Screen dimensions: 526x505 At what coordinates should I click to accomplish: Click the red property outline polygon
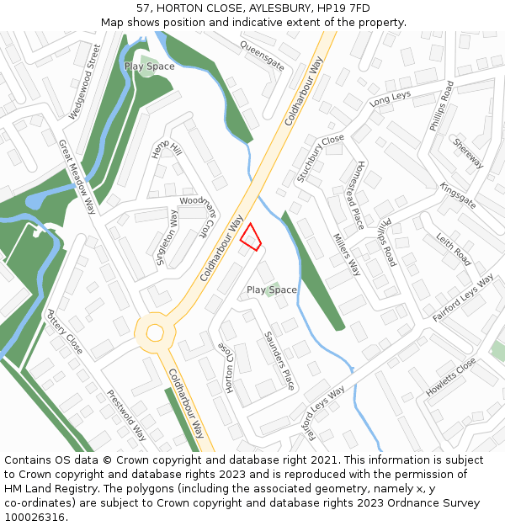(x=250, y=237)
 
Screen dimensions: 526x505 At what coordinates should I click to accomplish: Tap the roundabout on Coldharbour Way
(x=155, y=332)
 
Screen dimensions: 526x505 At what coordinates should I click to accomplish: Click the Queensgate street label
(x=262, y=56)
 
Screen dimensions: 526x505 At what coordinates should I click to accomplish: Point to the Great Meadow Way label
(x=77, y=177)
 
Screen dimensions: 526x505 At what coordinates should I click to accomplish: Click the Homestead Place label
(x=359, y=194)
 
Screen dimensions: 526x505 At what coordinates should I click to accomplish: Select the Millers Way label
(x=347, y=255)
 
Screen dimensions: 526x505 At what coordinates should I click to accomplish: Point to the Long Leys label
(x=390, y=99)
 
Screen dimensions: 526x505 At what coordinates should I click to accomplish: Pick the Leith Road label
(x=454, y=250)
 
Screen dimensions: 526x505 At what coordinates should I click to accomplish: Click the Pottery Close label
(x=64, y=332)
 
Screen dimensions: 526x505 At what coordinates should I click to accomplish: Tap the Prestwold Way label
(x=126, y=415)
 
